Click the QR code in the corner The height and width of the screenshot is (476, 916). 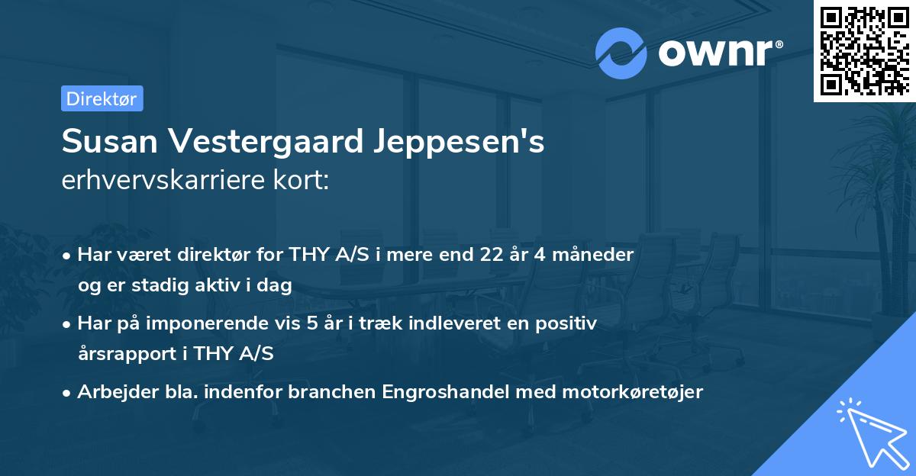coord(864,50)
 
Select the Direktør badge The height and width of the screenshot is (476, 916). coord(102,98)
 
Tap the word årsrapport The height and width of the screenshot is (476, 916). coord(124,354)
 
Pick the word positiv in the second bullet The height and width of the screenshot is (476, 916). coord(569,323)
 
